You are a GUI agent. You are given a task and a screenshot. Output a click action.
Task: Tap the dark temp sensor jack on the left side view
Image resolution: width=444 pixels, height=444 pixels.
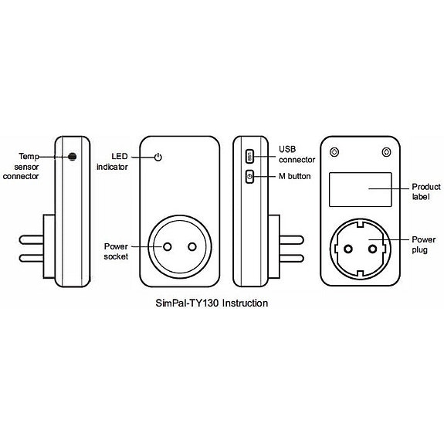(x=72, y=156)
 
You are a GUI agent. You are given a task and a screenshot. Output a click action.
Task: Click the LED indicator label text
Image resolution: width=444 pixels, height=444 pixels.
(x=112, y=161)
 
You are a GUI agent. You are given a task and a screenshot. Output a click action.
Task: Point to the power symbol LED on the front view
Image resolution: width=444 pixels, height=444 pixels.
(x=158, y=157)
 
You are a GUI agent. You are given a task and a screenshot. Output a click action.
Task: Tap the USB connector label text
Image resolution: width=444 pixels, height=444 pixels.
(x=297, y=154)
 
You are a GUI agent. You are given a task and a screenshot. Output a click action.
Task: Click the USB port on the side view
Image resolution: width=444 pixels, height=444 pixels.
(x=249, y=156)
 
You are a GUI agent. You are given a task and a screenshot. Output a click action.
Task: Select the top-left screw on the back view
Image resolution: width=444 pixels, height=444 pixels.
(x=334, y=151)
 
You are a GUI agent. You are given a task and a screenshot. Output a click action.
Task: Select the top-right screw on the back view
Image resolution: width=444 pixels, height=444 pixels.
(x=385, y=151)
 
